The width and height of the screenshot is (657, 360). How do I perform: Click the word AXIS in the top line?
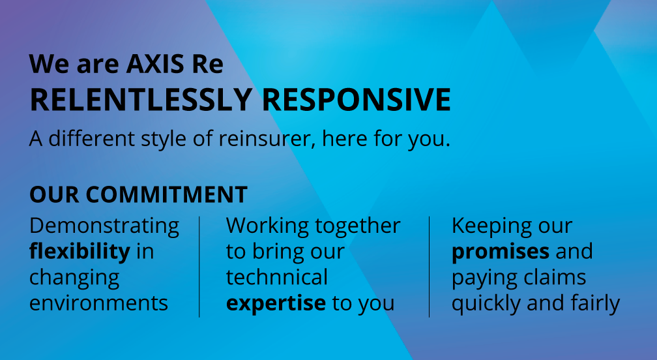pyautogui.click(x=155, y=64)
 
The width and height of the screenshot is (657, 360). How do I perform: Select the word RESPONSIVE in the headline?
pyautogui.click(x=356, y=100)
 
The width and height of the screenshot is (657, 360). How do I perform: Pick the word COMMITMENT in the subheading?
pyautogui.click(x=166, y=195)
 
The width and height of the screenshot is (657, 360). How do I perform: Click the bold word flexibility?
pyautogui.click(x=80, y=252)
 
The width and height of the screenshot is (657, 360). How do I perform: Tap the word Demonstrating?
pyautogui.click(x=104, y=226)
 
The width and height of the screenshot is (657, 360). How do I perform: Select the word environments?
pyautogui.click(x=98, y=303)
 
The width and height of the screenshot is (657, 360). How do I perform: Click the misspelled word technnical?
pyautogui.click(x=277, y=277)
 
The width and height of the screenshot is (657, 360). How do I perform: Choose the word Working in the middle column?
pyautogui.click(x=267, y=226)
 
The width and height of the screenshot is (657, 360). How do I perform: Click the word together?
pyautogui.click(x=358, y=226)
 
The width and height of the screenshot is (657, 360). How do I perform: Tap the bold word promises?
pyautogui.click(x=501, y=252)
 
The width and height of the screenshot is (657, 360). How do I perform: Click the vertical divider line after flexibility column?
pyautogui.click(x=199, y=267)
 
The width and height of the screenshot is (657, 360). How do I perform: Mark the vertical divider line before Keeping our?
pyautogui.click(x=429, y=267)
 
